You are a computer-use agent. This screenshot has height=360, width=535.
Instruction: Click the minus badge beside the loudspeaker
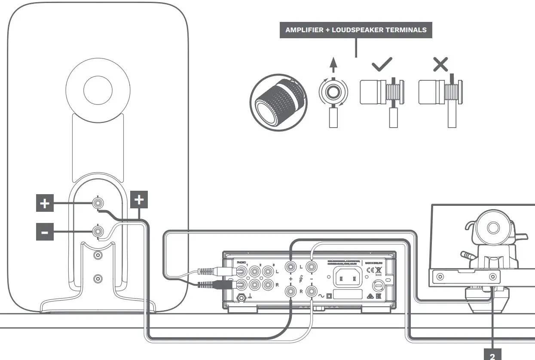click(45, 232)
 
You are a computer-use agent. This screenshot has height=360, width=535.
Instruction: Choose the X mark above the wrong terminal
click(440, 64)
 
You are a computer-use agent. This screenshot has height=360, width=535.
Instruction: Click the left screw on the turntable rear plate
click(439, 275)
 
